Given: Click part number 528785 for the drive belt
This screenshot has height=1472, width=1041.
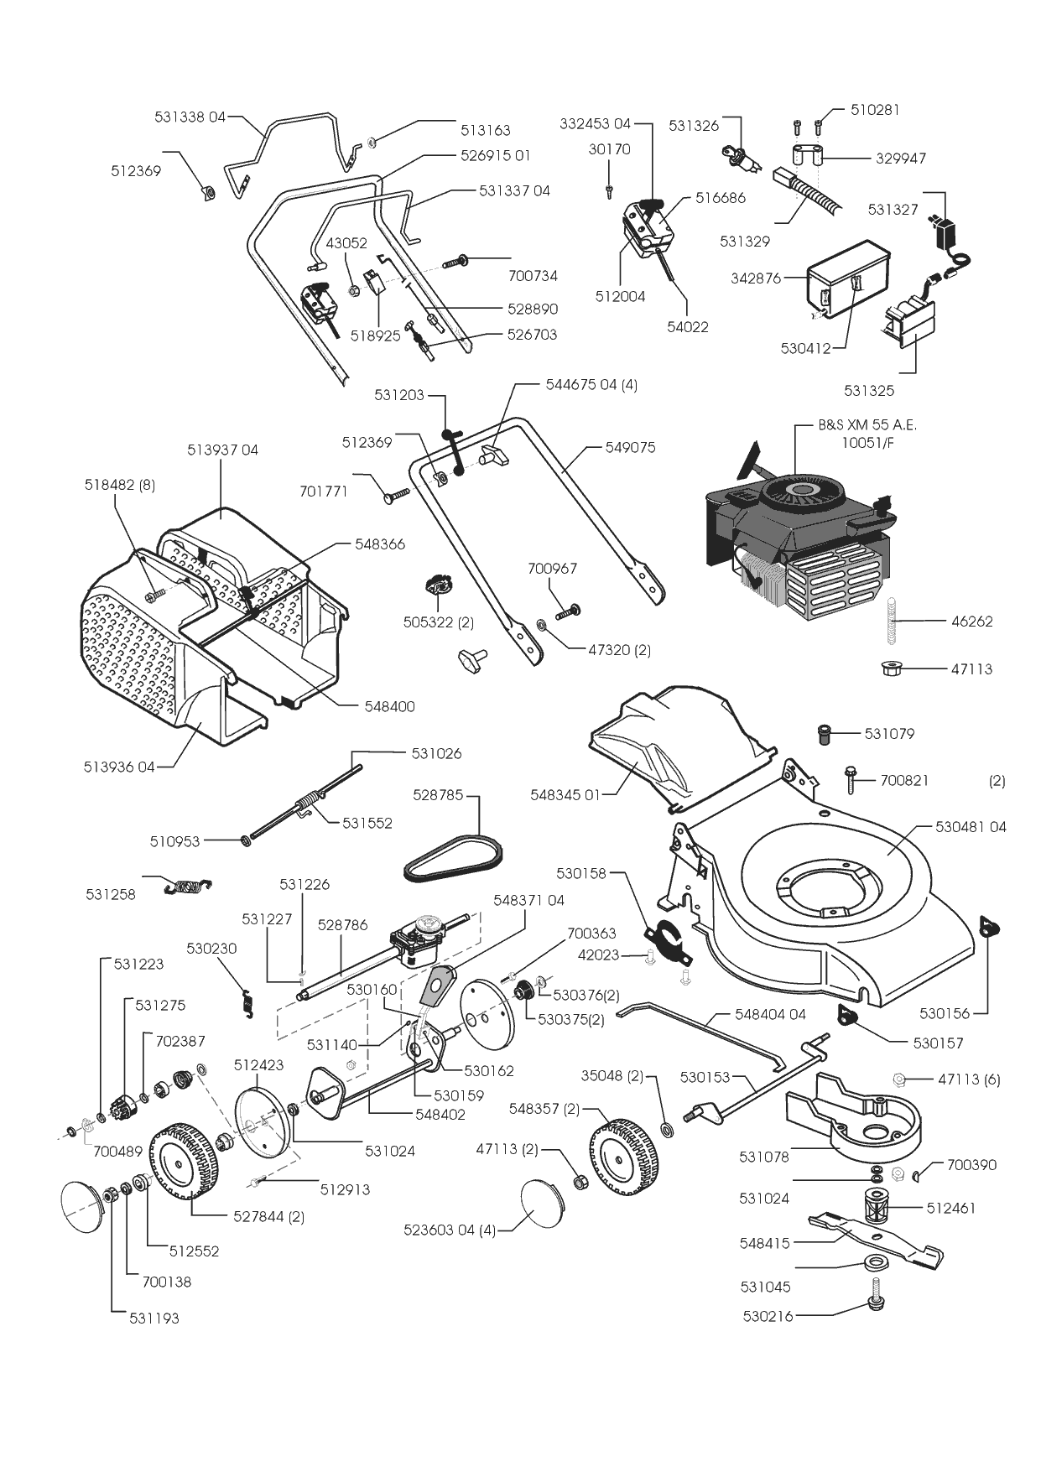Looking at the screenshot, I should tap(438, 793).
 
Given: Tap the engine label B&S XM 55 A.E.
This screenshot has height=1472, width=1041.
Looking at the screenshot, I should tap(867, 425).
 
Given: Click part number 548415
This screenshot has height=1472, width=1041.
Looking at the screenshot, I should tap(764, 1243).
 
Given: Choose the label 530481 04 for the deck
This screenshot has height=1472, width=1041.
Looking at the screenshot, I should tap(971, 826).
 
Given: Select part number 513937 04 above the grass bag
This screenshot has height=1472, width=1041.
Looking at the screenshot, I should tap(222, 450).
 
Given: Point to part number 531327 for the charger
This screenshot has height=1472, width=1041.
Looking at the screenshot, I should tap(893, 209).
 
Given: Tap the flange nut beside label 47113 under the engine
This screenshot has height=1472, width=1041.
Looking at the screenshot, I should tap(892, 668).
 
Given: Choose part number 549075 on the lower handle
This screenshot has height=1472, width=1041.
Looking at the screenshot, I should tap(630, 447).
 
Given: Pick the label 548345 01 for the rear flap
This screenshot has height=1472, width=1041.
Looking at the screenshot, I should tap(565, 794).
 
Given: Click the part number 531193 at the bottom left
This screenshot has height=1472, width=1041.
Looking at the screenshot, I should tap(154, 1318).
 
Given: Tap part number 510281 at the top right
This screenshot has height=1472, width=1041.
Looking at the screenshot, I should tap(875, 109).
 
